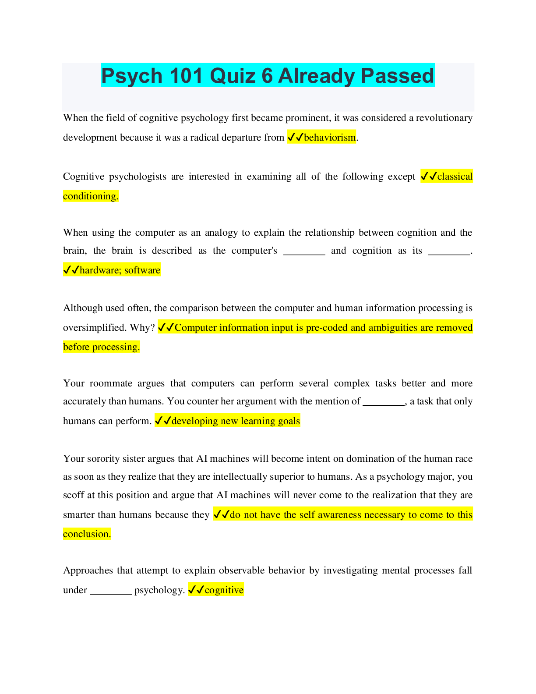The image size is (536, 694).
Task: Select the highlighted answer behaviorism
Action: [330, 138]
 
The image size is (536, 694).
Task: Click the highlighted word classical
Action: [455, 177]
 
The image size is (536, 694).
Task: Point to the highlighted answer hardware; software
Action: [120, 270]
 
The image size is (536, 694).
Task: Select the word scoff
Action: [74, 495]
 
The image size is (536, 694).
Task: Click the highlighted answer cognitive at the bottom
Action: [224, 590]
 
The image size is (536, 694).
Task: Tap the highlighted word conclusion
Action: [87, 534]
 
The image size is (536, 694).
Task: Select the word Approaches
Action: [88, 570]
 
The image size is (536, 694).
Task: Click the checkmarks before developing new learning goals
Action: [163, 421]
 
